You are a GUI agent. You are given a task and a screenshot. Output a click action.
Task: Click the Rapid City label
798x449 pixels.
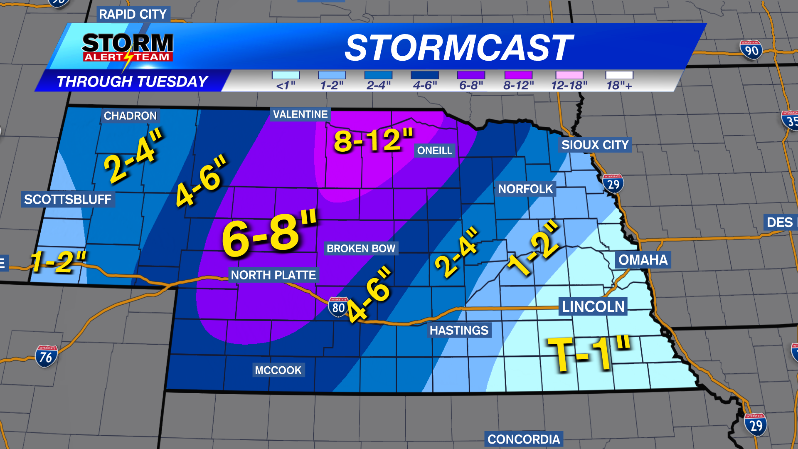(133, 15)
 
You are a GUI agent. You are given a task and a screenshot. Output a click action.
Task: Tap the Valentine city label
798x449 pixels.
(300, 114)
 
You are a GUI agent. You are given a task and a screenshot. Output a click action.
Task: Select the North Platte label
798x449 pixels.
(273, 275)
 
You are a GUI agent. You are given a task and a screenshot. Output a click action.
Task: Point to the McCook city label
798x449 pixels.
(278, 370)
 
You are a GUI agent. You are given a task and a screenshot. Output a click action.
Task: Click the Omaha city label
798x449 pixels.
(643, 260)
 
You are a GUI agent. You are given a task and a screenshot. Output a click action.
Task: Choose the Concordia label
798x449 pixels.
(524, 439)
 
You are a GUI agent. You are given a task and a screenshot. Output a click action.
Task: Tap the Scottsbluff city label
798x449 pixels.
(68, 199)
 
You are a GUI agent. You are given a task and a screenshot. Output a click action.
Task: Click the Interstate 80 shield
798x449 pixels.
(338, 307)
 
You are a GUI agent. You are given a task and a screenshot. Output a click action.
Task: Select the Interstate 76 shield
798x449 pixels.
(46, 356)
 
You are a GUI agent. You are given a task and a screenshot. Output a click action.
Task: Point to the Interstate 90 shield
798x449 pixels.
(751, 50)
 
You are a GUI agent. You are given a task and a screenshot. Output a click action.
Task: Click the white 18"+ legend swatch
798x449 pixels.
(619, 75)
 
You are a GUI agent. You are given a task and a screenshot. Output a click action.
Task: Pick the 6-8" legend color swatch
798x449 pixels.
(471, 75)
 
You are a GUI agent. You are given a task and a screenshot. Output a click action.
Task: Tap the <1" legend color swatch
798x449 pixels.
(286, 75)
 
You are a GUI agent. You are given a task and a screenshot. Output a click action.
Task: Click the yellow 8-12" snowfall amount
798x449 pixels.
(374, 140)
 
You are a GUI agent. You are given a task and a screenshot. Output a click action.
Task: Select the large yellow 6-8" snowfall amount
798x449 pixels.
(269, 234)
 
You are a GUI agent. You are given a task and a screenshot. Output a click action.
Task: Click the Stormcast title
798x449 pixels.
(458, 48)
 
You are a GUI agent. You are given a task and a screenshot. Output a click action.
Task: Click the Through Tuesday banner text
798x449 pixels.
(132, 81)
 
